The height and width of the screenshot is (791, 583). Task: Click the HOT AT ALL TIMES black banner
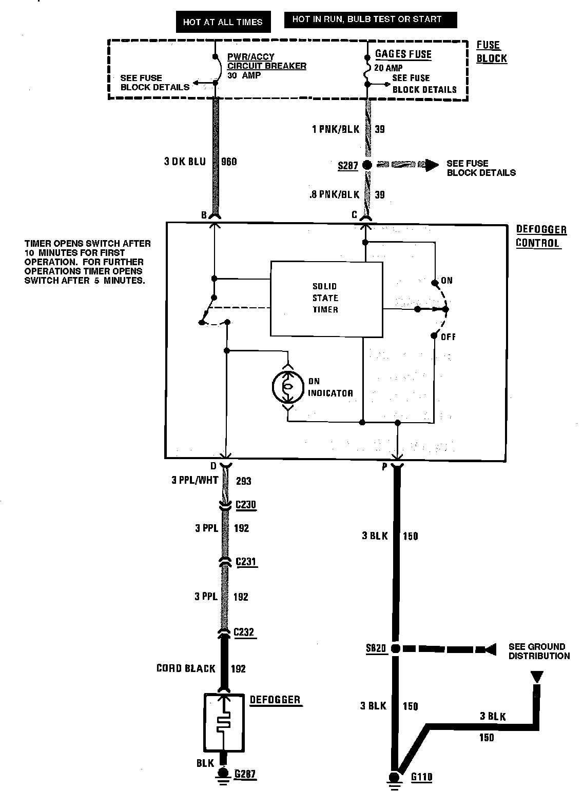(223, 22)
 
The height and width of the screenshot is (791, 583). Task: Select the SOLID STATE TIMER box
(326, 299)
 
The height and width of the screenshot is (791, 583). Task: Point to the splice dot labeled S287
(366, 165)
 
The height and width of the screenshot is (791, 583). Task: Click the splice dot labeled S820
(395, 648)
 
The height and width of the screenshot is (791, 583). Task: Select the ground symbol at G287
(223, 775)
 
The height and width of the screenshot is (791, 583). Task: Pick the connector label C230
(245, 505)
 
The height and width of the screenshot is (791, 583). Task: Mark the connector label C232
(244, 632)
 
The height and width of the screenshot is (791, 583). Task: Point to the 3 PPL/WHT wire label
(195, 481)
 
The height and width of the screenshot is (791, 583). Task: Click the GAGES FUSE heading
(403, 54)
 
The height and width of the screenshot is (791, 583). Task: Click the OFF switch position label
(448, 337)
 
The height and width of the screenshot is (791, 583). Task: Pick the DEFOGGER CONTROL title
(540, 236)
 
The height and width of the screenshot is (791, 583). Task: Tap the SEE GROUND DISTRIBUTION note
(539, 651)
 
